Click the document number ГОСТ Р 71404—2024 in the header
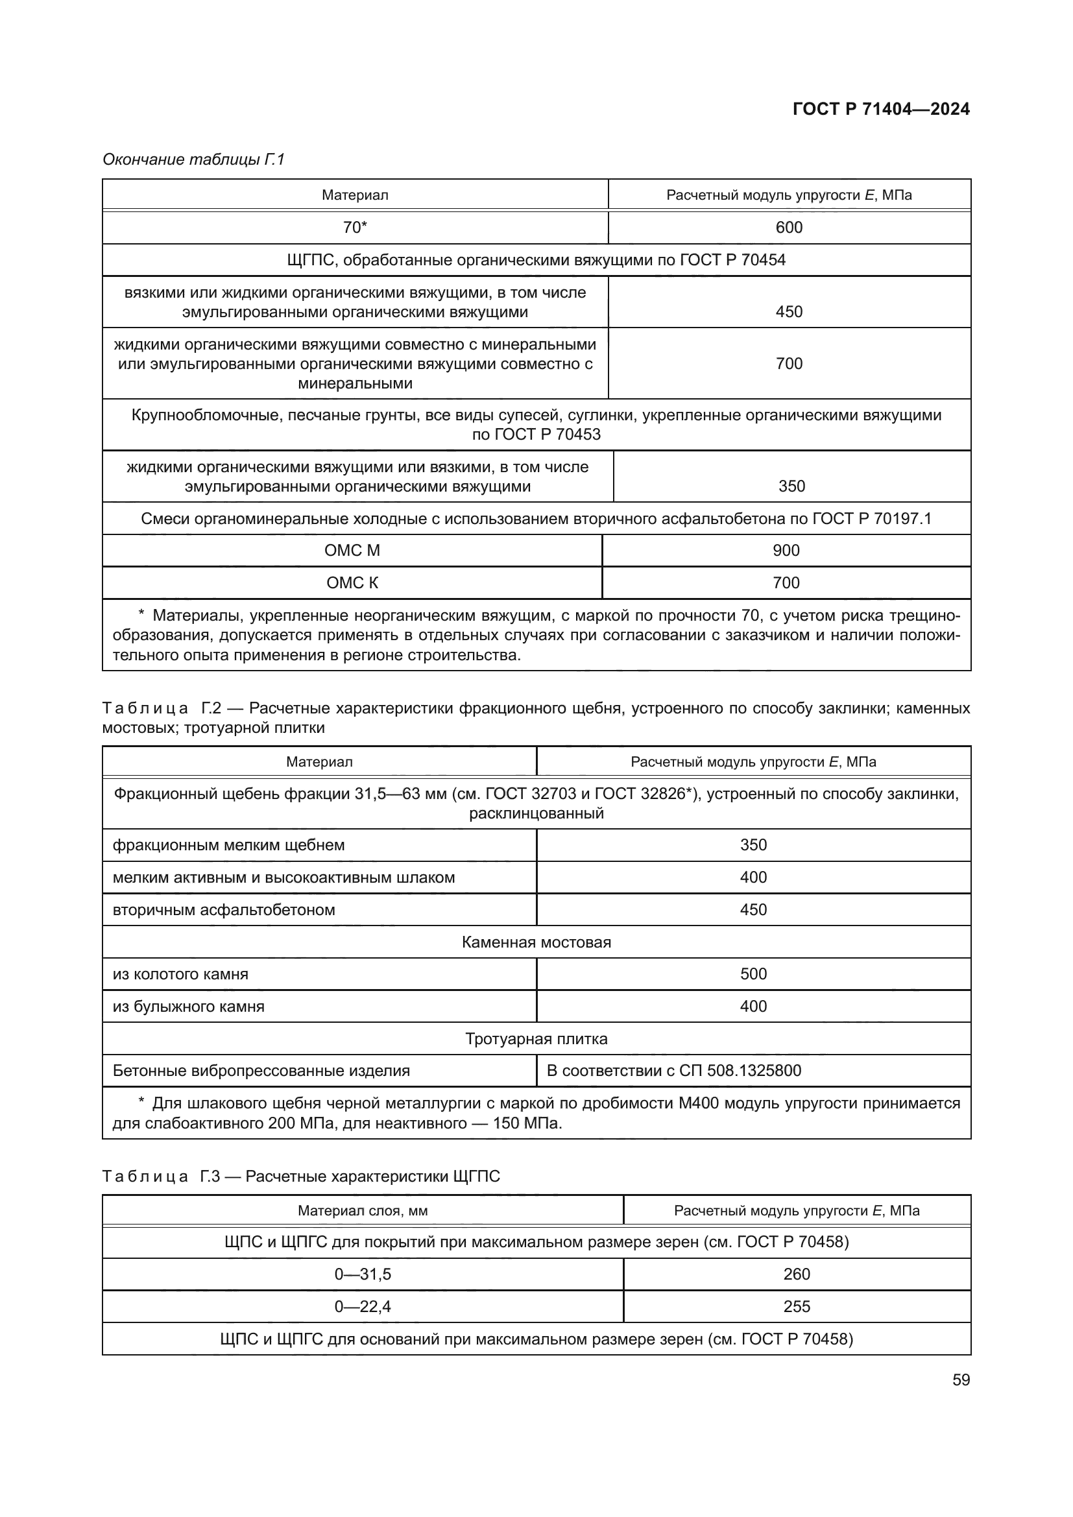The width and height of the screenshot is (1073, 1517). (881, 109)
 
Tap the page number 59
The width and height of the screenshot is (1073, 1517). (961, 1380)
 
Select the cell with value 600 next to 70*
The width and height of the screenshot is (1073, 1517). (788, 227)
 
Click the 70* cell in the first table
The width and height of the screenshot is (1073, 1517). (355, 227)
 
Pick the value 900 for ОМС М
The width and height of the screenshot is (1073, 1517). (786, 551)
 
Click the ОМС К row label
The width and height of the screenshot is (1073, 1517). (352, 583)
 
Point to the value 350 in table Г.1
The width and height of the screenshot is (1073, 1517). (791, 486)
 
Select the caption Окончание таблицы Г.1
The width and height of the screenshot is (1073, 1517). (193, 160)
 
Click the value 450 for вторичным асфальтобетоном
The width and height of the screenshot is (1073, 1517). (753, 910)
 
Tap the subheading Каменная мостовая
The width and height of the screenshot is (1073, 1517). (536, 942)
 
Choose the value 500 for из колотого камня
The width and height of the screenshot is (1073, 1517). (753, 974)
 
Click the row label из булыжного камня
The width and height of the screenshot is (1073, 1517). (188, 1007)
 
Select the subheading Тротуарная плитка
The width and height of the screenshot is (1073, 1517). (536, 1038)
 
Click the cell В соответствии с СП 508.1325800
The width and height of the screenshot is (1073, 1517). (673, 1070)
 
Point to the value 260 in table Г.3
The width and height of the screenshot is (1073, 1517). (796, 1274)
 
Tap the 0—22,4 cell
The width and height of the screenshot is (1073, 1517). (362, 1306)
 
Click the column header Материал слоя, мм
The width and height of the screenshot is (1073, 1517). (362, 1210)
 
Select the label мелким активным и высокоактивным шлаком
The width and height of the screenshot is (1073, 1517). (283, 878)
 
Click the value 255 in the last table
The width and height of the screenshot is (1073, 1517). (796, 1306)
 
